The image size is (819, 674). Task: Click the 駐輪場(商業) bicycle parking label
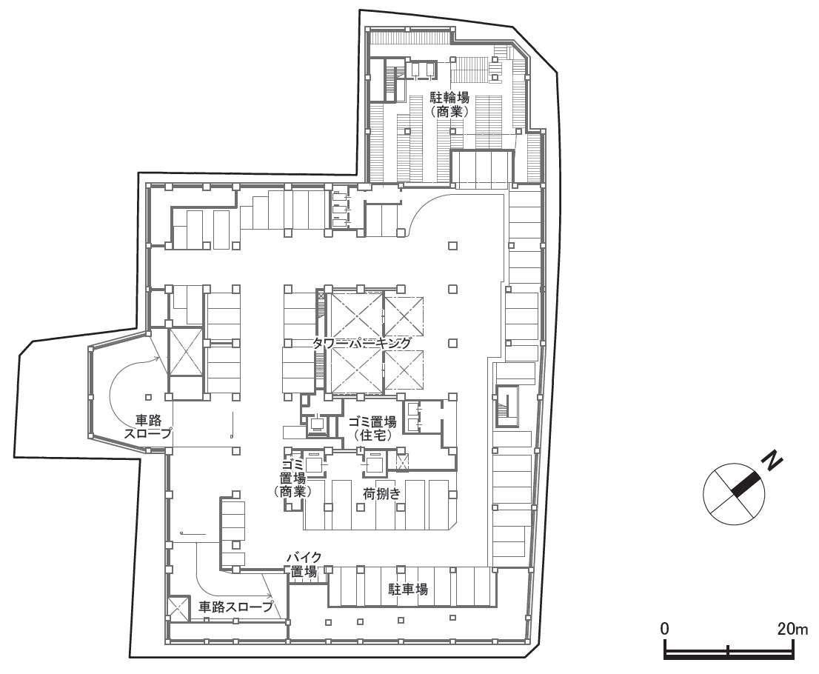click(x=449, y=104)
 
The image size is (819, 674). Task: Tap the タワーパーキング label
click(x=361, y=343)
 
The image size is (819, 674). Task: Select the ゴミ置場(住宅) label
click(x=372, y=427)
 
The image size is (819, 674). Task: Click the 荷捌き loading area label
click(x=382, y=493)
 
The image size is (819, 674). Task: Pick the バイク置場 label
click(x=304, y=564)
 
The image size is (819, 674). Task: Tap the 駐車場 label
click(x=408, y=590)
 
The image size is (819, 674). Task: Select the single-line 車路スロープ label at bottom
click(x=236, y=607)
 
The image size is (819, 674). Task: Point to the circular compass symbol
click(x=735, y=495)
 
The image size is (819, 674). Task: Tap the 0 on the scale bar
click(x=664, y=629)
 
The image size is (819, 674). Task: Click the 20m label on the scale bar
click(x=792, y=629)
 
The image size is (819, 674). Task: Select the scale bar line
click(x=729, y=652)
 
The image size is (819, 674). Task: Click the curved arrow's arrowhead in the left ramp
click(x=157, y=358)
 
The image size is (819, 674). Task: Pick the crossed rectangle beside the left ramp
click(x=184, y=352)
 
